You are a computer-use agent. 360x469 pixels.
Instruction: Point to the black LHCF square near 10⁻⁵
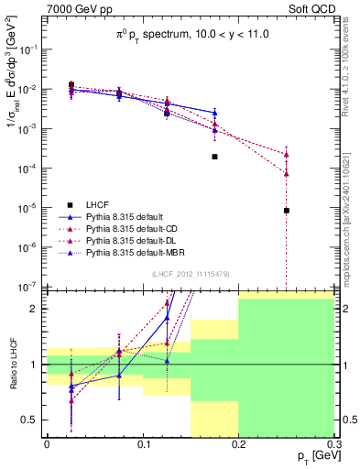click(x=287, y=211)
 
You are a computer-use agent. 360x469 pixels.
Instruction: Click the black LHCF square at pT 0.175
click(x=214, y=157)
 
